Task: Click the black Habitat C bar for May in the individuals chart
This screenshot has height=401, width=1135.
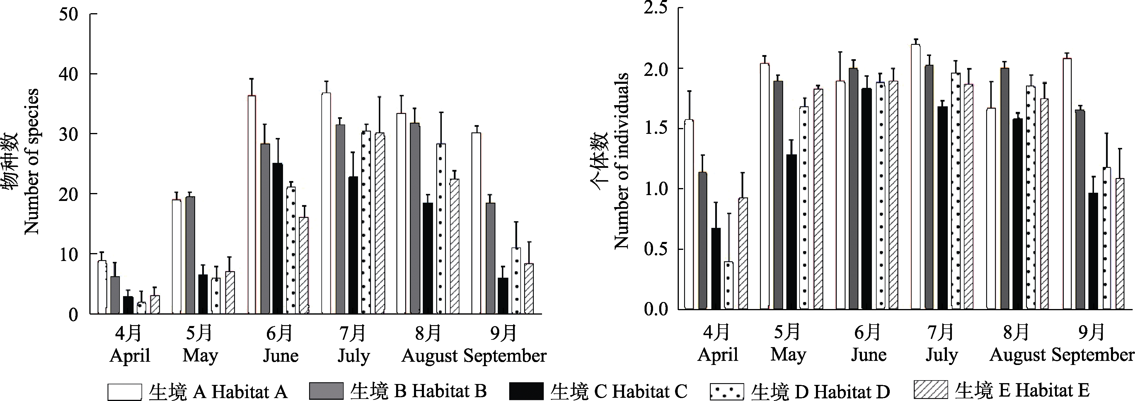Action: click(791, 232)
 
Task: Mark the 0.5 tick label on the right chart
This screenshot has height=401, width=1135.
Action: click(656, 249)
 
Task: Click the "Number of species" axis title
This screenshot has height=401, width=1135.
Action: click(32, 162)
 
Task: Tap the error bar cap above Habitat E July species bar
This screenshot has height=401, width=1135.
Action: click(379, 97)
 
